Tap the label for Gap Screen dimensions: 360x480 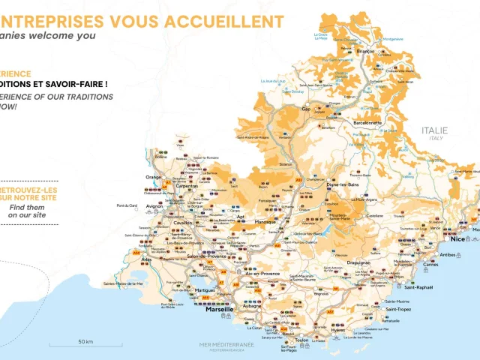click(305, 109)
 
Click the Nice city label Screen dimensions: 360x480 click(457, 238)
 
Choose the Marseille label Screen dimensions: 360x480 click(220, 308)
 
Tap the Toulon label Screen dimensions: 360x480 click(302, 340)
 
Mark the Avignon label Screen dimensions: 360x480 click(154, 206)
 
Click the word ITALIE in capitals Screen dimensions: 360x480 click(435, 130)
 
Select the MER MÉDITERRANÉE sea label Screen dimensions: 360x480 click(226, 344)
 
